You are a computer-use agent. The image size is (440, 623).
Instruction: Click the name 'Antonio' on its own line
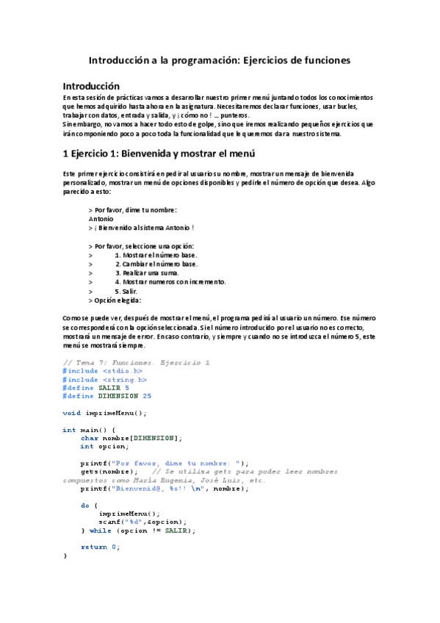pyautogui.click(x=101, y=218)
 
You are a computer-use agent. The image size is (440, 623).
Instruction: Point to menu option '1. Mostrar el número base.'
pyautogui.click(x=156, y=254)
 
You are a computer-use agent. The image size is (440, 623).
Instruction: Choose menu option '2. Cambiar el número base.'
pyautogui.click(x=156, y=263)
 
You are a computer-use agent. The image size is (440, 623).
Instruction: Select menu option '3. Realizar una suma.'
pyautogui.click(x=148, y=273)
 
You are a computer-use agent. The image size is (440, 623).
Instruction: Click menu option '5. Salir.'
pyautogui.click(x=126, y=291)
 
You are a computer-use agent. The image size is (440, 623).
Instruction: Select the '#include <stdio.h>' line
pyautogui.click(x=103, y=371)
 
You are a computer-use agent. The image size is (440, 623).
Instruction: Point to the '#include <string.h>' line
pyautogui.click(x=105, y=380)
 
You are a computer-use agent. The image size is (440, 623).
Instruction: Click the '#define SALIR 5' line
pyautogui.click(x=96, y=388)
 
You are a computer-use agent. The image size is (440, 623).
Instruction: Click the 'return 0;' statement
pyautogui.click(x=100, y=547)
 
